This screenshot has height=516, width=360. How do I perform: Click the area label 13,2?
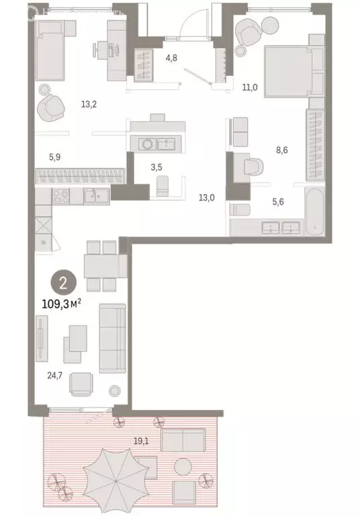click(x=89, y=103)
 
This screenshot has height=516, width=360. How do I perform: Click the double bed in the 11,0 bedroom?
click(x=285, y=71)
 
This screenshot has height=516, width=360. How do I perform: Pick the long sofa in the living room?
click(x=111, y=338)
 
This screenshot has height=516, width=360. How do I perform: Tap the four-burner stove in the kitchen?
click(x=60, y=197)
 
